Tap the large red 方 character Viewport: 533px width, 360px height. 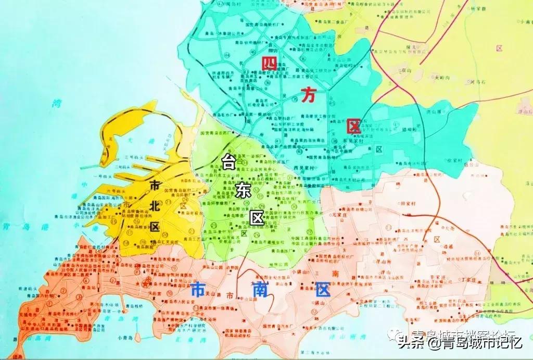click(x=308, y=94)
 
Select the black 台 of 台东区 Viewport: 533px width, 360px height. click(x=227, y=163)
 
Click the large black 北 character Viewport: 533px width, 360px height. click(x=154, y=206)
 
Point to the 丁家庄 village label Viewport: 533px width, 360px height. click(x=469, y=280)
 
